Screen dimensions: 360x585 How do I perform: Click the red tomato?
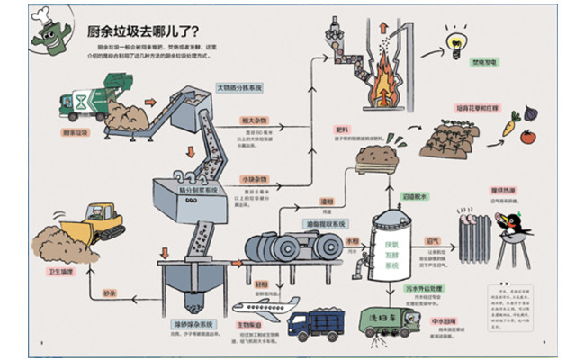coord(527,138)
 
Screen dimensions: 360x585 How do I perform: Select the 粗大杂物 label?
coord(250,119)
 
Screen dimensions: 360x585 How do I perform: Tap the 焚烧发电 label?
coord(460,63)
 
